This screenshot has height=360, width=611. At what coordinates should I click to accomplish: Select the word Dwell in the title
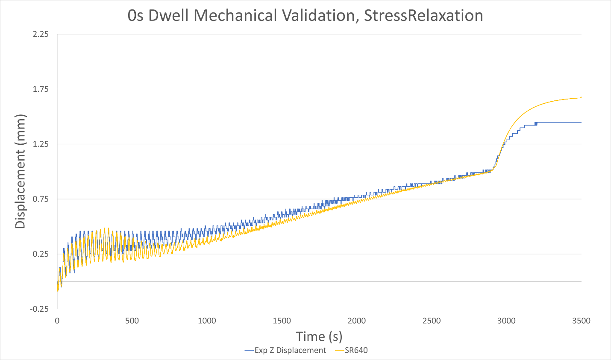point(169,16)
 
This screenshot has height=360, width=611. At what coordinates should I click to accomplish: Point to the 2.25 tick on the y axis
point(41,34)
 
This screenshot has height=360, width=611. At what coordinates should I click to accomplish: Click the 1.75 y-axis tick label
point(41,89)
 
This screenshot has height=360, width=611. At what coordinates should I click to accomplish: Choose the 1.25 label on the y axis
point(41,144)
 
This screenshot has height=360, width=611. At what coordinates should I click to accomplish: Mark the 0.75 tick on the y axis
point(41,199)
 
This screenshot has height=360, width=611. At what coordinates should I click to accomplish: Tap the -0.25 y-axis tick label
point(39,309)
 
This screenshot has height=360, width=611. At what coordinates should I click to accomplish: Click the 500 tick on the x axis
point(132,321)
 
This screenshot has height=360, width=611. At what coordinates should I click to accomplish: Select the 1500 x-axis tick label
point(282,321)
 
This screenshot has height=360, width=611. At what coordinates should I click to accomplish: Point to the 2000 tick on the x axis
point(357,321)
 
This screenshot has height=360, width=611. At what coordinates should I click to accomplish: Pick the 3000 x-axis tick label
point(506,321)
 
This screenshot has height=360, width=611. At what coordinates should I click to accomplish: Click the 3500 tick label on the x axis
point(581,321)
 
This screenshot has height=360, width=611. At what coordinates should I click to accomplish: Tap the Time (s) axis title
point(319,337)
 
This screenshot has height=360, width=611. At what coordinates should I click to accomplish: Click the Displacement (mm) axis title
point(21,171)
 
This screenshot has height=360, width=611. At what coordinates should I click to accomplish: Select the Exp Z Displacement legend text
point(290,351)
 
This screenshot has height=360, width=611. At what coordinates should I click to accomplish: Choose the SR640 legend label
point(356,351)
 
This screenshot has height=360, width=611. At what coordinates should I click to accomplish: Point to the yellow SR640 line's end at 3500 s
point(581,97)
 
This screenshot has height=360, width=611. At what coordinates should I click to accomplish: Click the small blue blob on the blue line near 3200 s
point(535,124)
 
